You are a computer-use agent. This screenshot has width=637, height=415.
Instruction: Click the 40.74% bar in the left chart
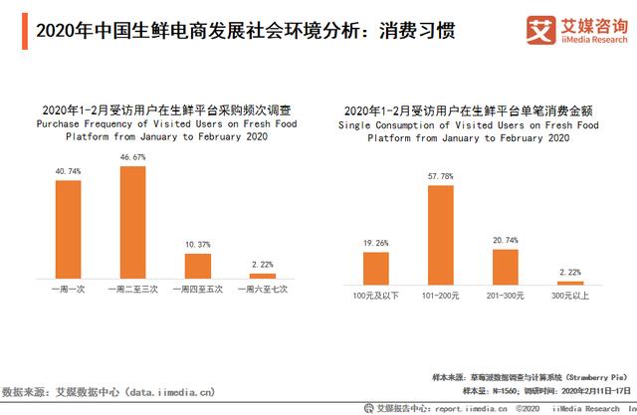69,230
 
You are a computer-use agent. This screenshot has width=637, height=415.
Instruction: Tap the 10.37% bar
198,266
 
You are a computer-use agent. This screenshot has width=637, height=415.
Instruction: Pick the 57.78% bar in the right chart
441,232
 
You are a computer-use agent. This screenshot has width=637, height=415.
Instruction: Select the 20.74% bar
505,264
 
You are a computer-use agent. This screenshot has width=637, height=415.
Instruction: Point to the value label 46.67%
133,157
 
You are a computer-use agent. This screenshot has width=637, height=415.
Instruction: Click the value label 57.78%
441,176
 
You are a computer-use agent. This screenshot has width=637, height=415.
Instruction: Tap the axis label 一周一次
68,289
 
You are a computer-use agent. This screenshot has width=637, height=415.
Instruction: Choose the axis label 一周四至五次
198,289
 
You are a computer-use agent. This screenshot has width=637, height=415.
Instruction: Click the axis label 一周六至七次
262,289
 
